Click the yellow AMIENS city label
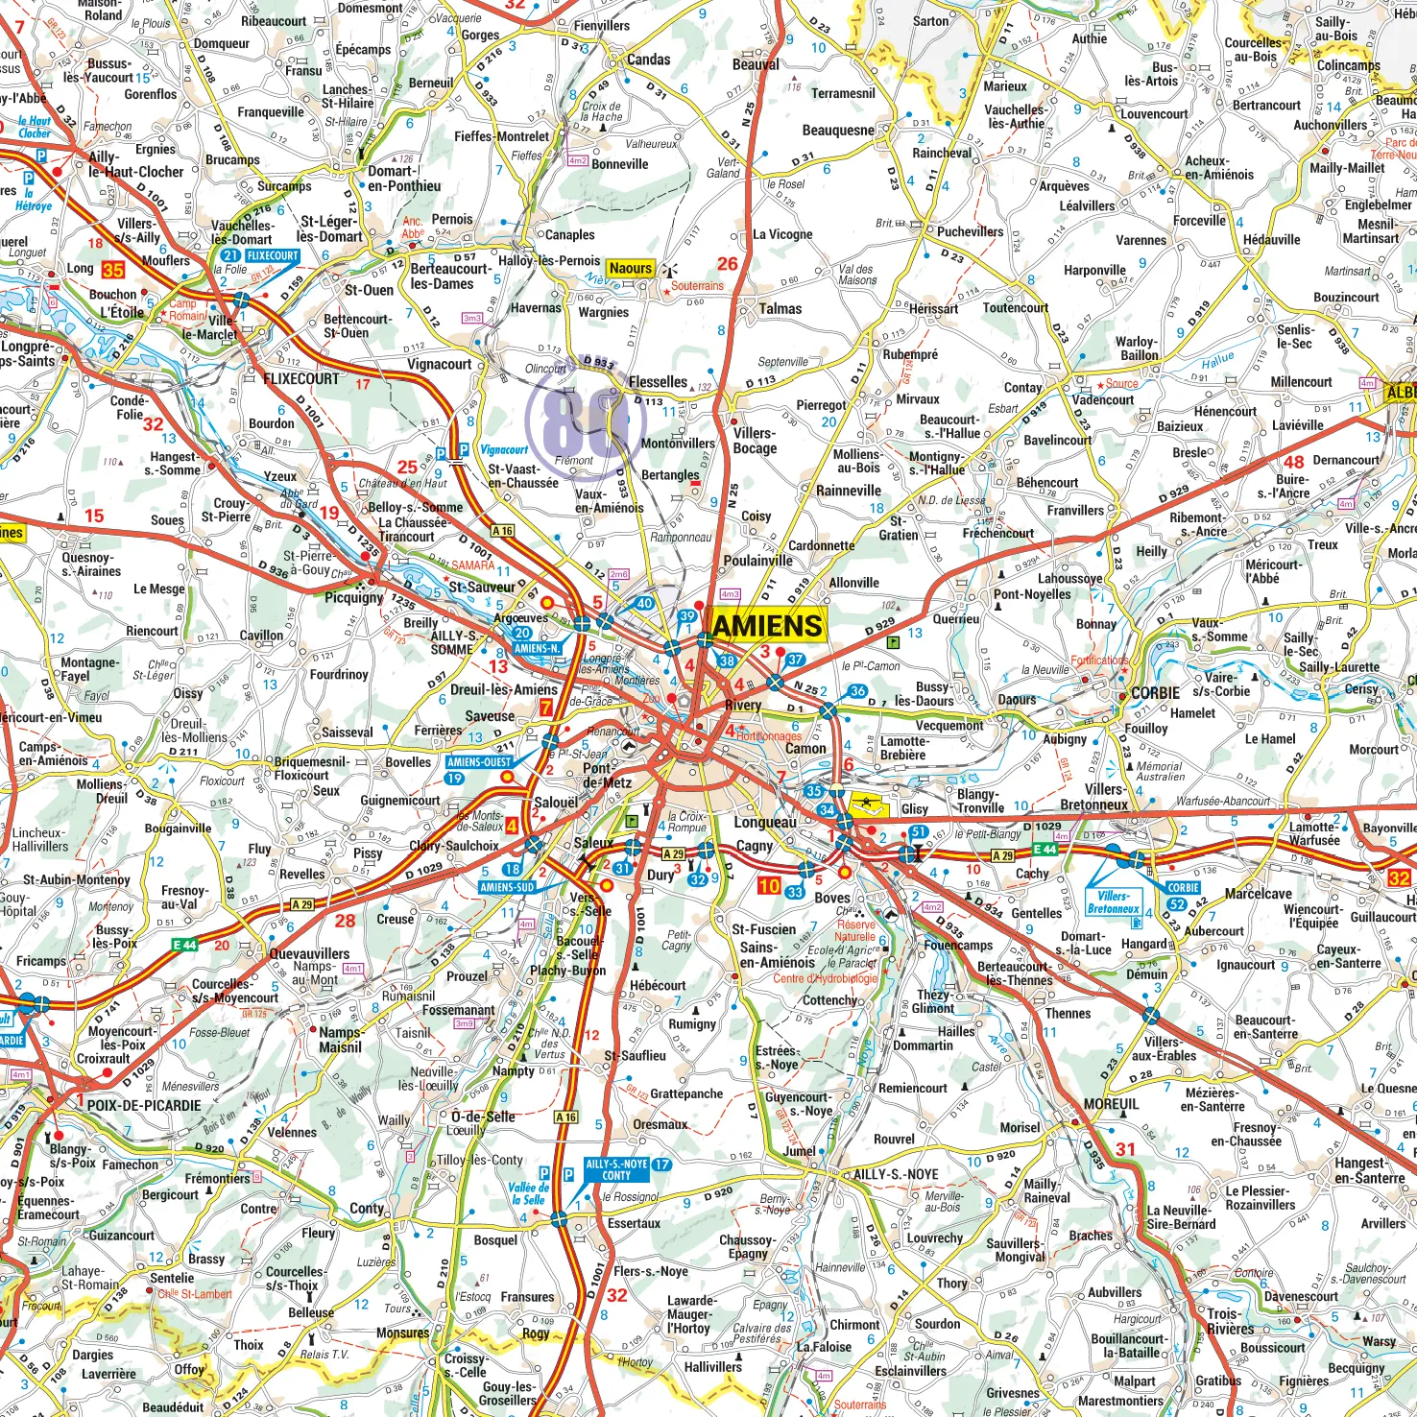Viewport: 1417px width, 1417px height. click(x=768, y=626)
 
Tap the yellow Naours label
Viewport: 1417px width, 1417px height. click(x=631, y=269)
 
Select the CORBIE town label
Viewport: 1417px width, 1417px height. click(x=1155, y=693)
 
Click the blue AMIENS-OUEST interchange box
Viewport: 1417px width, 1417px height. click(x=479, y=762)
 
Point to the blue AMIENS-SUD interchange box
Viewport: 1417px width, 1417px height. click(x=507, y=887)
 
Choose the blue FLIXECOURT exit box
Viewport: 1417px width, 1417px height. click(x=273, y=256)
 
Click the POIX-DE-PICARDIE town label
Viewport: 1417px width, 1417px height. click(x=144, y=1105)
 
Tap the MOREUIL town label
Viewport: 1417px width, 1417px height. click(x=1111, y=1104)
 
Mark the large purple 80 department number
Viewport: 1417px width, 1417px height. click(x=579, y=420)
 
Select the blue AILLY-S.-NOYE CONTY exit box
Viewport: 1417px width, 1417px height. click(x=616, y=1169)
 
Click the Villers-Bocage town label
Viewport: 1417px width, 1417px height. click(x=755, y=441)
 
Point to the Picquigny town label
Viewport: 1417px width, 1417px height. click(x=353, y=597)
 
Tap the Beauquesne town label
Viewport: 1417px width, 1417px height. click(x=838, y=131)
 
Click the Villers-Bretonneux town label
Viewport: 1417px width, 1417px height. click(x=1094, y=797)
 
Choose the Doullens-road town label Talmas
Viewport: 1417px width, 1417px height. click(x=780, y=309)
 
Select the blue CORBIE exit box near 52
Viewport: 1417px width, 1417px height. click(x=1183, y=888)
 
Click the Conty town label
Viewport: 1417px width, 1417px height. click(x=366, y=1208)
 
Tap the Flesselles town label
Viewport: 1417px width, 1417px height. click(x=658, y=382)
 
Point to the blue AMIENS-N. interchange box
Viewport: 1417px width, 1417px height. click(x=537, y=648)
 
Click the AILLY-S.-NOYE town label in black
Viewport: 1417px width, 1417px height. click(x=896, y=1174)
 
